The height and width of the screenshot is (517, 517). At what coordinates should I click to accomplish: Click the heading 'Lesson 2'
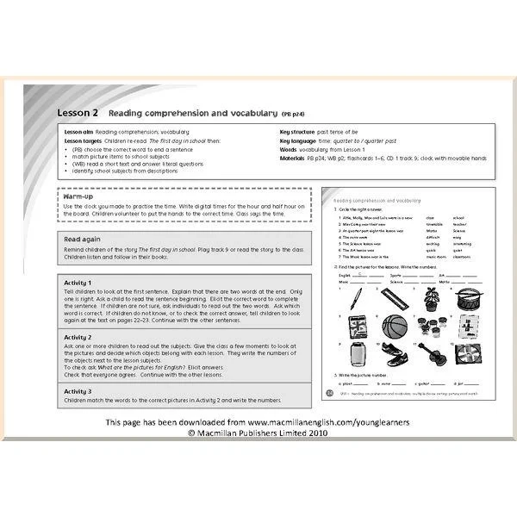pos(78,113)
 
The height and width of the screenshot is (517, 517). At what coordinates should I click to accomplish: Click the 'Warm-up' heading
pos(78,197)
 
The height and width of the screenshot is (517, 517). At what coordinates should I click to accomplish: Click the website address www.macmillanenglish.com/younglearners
pos(328,423)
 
